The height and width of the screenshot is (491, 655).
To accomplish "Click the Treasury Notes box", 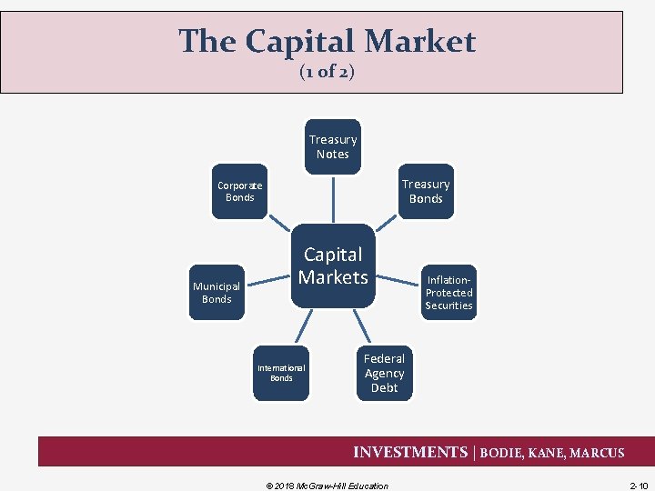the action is (333, 146).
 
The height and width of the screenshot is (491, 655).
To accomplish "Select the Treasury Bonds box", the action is (425, 191).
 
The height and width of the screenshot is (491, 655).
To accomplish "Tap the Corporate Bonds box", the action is (239, 191).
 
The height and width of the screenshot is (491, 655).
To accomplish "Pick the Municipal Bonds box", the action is (217, 292).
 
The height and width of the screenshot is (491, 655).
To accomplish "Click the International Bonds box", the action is (281, 373).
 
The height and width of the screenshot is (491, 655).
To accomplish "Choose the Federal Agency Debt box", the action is (384, 373).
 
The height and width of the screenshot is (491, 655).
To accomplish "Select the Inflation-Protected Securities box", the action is (448, 293).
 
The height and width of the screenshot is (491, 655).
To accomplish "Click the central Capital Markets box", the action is (333, 266).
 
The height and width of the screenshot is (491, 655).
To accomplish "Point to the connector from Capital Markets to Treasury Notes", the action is (333, 198).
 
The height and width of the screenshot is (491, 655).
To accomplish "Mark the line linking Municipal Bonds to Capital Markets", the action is (271, 279).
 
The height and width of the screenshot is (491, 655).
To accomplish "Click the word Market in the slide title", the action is (426, 41).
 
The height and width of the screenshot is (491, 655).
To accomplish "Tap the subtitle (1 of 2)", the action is (327, 72).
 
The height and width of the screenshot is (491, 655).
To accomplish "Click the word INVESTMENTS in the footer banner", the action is (409, 452).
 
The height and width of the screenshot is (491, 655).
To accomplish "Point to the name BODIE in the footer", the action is (502, 453).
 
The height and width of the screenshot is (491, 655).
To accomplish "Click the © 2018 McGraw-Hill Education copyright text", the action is (322, 486).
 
